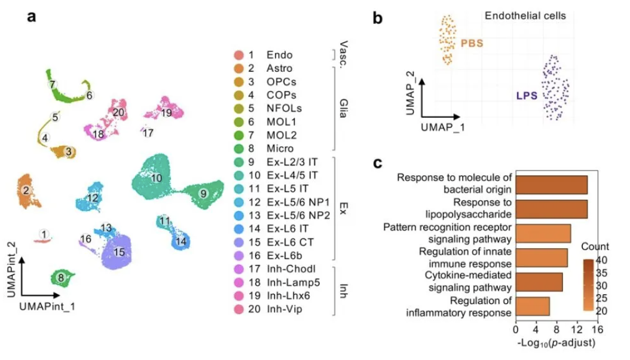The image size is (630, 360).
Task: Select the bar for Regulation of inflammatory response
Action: tap(532, 306)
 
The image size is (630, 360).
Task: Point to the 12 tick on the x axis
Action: tap(577, 328)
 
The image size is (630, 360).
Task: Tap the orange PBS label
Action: tap(472, 44)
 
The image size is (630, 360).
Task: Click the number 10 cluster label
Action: tap(157, 178)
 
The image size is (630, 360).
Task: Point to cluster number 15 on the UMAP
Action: tap(120, 252)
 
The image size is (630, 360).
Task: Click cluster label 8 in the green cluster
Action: tap(60, 277)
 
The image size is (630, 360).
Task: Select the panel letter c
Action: tap(378, 163)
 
